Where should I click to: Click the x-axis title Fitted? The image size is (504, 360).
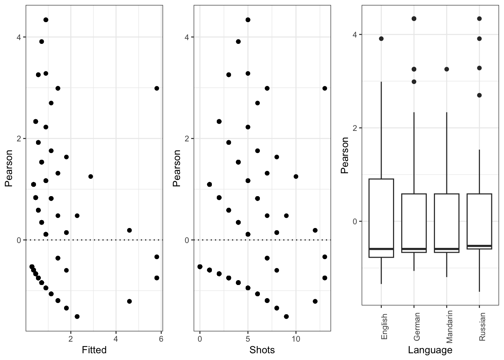click(94, 350)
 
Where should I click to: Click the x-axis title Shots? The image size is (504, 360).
click(262, 350)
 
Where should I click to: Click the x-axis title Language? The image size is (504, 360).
click(430, 350)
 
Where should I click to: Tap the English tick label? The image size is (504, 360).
click(383, 327)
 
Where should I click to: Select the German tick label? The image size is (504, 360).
click(416, 327)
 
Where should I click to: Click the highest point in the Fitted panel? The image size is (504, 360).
click(46, 20)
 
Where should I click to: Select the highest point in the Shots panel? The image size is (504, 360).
click(248, 20)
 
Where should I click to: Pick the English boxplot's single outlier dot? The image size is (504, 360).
click(381, 39)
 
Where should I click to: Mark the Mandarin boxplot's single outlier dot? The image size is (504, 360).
click(447, 69)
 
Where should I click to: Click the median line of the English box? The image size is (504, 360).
click(381, 249)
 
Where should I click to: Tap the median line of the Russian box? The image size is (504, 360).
click(479, 246)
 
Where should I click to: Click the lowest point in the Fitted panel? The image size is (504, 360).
click(77, 316)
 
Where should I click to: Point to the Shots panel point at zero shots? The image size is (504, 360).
click(200, 267)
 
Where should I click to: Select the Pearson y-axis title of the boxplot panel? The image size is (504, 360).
click(345, 155)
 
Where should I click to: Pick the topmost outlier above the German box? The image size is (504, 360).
click(414, 18)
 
